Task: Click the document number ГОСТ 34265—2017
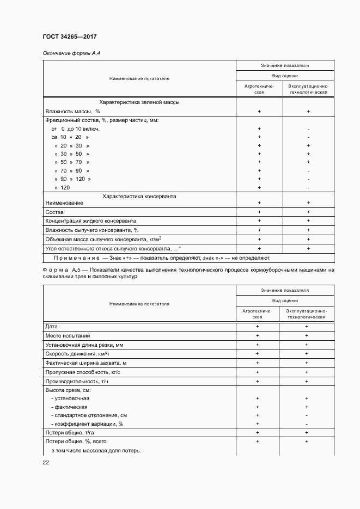69,37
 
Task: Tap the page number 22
46,462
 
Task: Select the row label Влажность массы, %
73,111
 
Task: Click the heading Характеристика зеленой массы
139,102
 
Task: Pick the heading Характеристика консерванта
139,196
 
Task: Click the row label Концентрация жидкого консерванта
90,221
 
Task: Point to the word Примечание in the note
76,257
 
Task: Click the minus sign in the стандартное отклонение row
307,415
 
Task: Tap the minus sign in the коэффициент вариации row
307,424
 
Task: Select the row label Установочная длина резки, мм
84,345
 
